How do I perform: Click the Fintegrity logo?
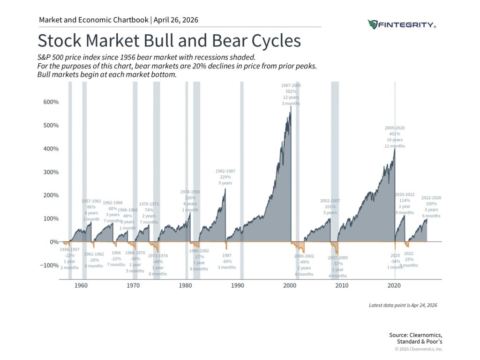pos(402,24)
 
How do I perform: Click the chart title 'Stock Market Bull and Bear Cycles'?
pos(169,41)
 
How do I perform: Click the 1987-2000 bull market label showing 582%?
pos(291,94)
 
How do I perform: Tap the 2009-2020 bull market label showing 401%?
pos(395,137)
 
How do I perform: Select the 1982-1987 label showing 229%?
pos(225,177)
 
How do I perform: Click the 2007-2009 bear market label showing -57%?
pos(337,266)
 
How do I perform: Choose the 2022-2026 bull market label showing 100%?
pos(431,207)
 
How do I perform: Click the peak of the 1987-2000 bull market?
pos(291,107)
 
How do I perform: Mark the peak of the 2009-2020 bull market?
pos(395,150)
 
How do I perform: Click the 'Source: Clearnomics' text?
pos(415,334)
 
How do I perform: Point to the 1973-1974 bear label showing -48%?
pos(158,265)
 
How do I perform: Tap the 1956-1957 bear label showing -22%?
pos(69,258)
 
